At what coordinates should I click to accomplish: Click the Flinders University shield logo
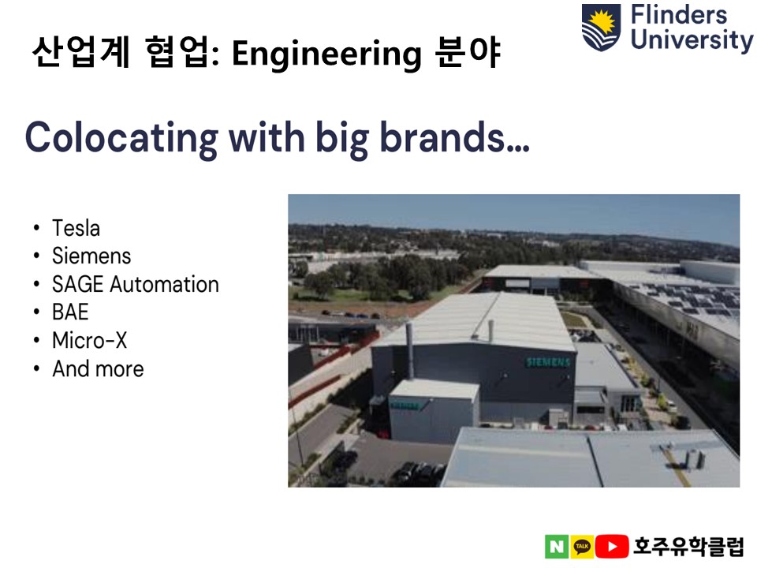pos(601,27)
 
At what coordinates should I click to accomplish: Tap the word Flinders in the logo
pos(678,14)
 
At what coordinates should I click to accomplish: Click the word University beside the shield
pos(692,40)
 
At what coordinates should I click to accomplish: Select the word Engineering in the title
pos(326,54)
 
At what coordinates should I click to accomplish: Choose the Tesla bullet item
pos(76,228)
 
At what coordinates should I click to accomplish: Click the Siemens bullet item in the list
pos(91,256)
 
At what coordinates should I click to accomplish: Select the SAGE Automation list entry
pos(135,284)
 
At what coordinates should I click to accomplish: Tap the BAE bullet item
pos(70,312)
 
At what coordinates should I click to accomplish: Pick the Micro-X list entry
pos(89,340)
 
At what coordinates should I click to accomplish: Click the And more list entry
pos(98,368)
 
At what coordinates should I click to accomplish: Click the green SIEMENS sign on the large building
pos(548,362)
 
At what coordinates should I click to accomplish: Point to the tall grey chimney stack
pos(410,351)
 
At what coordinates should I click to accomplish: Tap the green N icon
pos(557,546)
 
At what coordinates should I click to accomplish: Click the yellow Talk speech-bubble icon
pos(582,546)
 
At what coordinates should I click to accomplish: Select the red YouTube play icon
pos(612,546)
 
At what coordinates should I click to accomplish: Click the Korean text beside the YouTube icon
pos(688,546)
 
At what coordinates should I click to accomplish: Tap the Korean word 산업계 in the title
pos(80,52)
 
